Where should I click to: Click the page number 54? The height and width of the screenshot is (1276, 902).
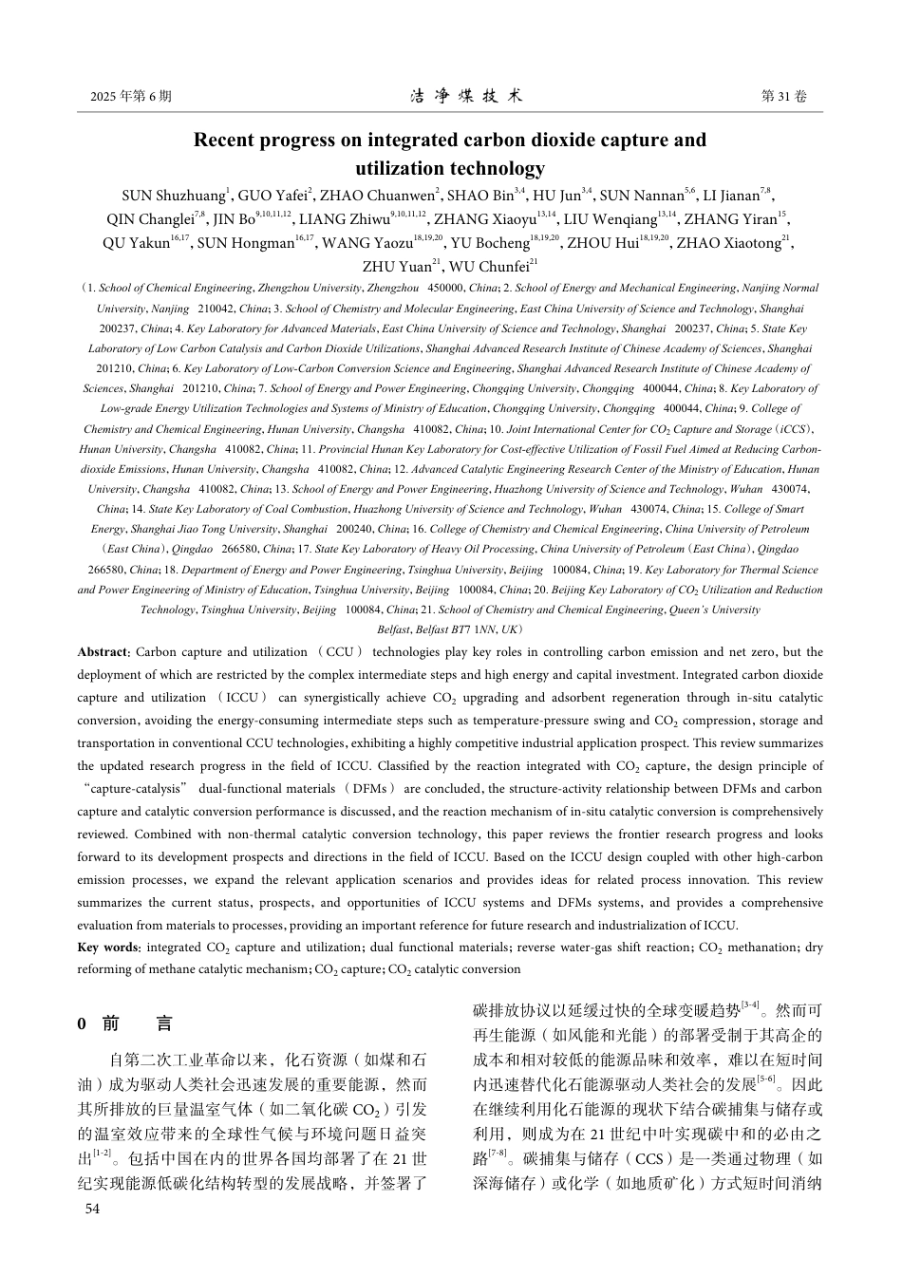pyautogui.click(x=92, y=1209)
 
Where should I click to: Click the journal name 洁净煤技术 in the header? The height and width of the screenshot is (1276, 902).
pyautogui.click(x=466, y=97)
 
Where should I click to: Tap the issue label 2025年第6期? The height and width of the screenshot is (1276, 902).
pyautogui.click(x=131, y=97)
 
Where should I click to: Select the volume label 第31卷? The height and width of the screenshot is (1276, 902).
pyautogui.click(x=784, y=97)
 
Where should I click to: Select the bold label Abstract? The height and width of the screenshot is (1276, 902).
pyautogui.click(x=103, y=652)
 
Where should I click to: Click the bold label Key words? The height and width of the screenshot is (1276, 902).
pyautogui.click(x=108, y=947)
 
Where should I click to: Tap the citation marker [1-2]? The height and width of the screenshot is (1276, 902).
pyautogui.click(x=102, y=1153)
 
